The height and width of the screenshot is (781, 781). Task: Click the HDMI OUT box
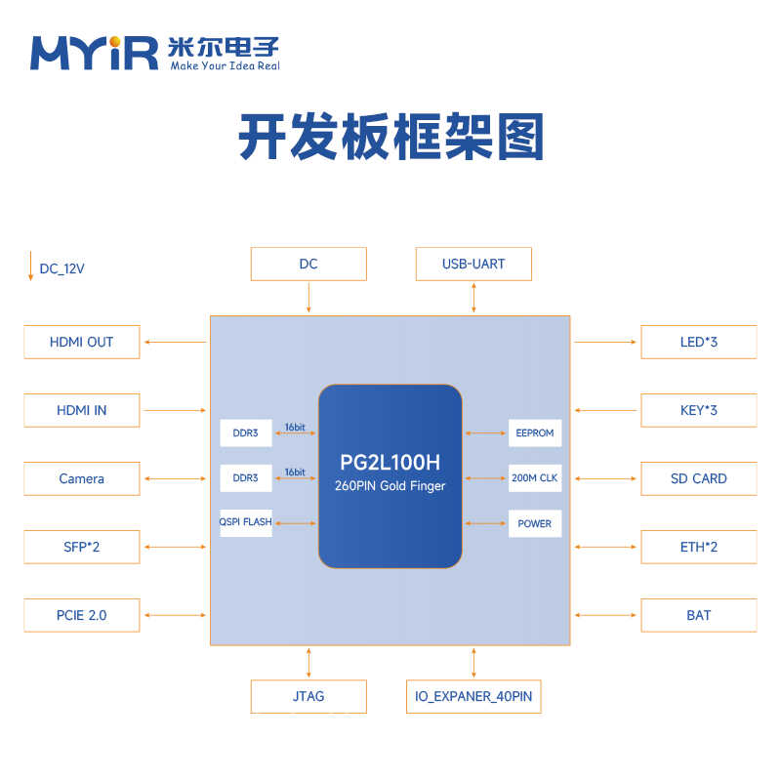[x=81, y=342]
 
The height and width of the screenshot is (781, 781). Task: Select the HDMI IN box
[x=81, y=410]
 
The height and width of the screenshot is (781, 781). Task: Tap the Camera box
[x=81, y=478]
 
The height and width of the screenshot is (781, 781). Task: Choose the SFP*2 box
[x=81, y=547]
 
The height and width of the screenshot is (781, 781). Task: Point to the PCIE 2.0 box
[x=81, y=615]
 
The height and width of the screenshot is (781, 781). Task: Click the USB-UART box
[x=473, y=264]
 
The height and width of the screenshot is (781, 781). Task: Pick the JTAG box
[x=308, y=696]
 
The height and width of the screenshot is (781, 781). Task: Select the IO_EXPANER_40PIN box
[x=473, y=696]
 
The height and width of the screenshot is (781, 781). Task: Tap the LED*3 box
[x=698, y=342]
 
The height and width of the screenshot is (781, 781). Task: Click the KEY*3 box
[x=698, y=410]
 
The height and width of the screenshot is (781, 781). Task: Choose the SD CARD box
[x=698, y=478]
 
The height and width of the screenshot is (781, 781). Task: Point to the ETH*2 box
[x=698, y=547]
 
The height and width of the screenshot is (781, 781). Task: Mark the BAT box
[x=698, y=615]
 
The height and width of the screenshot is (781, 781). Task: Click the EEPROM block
[x=534, y=432]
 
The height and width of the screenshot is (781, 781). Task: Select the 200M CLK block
[x=534, y=477]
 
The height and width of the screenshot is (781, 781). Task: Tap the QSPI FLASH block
[x=246, y=522]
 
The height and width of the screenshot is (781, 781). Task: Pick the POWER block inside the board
[x=534, y=523]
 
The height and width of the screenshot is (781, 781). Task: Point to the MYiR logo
[x=94, y=53]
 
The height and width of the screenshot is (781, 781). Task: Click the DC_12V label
[x=61, y=268]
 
